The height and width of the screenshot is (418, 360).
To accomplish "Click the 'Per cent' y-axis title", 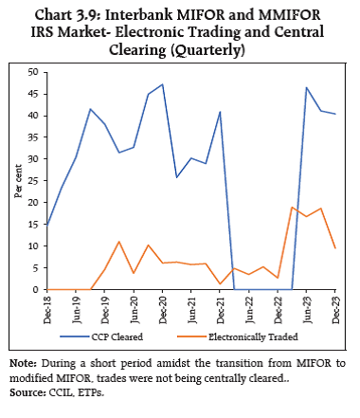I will pos(16,181).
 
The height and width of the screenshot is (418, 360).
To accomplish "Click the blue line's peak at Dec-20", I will pos(162,84).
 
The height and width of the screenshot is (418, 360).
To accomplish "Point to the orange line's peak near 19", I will pos(293,207).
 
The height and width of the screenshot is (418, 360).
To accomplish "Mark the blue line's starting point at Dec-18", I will pos(46,227).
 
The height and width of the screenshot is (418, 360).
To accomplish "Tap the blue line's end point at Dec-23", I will pos(335,114).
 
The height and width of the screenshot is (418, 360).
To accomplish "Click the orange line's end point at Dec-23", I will pos(335,248).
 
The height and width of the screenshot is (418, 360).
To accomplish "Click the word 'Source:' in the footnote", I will pos(27,392).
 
